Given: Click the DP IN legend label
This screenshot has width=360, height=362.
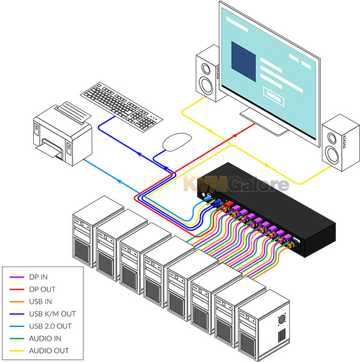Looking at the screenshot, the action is click(38, 277).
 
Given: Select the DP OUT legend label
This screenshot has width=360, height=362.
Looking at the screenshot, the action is click(42, 289).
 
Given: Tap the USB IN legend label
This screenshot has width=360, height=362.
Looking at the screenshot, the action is click(40, 302).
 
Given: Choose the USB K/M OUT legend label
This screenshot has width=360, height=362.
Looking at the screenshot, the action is click(52, 314).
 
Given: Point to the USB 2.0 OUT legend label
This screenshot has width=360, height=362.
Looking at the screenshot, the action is click(50, 326).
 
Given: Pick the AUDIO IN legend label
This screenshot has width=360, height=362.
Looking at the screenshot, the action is click(45, 338).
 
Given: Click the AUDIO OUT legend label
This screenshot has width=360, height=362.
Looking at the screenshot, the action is click(49, 351).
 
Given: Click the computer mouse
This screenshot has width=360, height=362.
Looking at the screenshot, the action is click(177, 142).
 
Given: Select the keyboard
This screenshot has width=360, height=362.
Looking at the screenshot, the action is click(121, 107).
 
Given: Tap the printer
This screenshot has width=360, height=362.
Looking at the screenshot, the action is click(63, 134).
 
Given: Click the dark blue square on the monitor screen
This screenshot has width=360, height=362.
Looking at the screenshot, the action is click(243, 62).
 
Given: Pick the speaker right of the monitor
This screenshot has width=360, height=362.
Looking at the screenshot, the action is click(341, 142).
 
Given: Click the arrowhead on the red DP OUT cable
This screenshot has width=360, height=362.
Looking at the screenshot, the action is click(235, 135).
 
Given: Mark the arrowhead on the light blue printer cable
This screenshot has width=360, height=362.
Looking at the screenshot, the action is click(120, 181).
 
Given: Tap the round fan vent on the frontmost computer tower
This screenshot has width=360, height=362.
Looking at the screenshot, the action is click(281, 319).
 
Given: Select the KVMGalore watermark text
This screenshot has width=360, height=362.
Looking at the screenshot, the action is click(236, 184).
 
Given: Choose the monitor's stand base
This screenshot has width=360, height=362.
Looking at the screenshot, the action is click(264, 122).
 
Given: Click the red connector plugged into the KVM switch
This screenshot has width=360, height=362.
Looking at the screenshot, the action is click(228, 204).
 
